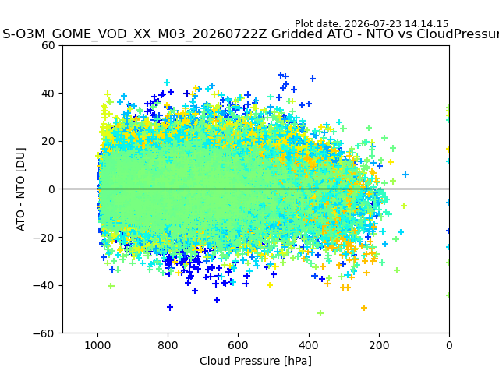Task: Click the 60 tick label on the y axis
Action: click(x=48, y=45)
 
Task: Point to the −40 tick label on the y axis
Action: click(x=44, y=285)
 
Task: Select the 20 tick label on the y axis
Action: click(x=48, y=142)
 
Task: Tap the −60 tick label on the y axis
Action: click(x=44, y=333)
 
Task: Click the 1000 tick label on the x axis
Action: click(x=97, y=345)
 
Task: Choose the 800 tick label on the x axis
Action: click(x=168, y=345)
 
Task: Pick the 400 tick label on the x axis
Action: click(x=309, y=345)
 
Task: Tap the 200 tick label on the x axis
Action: click(x=379, y=345)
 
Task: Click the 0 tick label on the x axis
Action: click(x=449, y=345)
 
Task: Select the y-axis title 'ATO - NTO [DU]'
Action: click(x=20, y=189)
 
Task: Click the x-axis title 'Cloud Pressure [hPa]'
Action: click(x=256, y=361)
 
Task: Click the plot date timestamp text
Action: click(x=371, y=24)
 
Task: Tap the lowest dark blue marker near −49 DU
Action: click(x=170, y=307)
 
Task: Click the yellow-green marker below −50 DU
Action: click(x=320, y=313)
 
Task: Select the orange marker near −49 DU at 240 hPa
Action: click(x=364, y=308)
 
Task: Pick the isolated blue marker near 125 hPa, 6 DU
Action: click(x=405, y=175)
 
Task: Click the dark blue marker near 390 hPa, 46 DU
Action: click(x=313, y=78)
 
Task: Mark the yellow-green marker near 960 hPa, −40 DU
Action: click(x=111, y=286)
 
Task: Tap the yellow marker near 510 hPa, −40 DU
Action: click(x=270, y=285)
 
